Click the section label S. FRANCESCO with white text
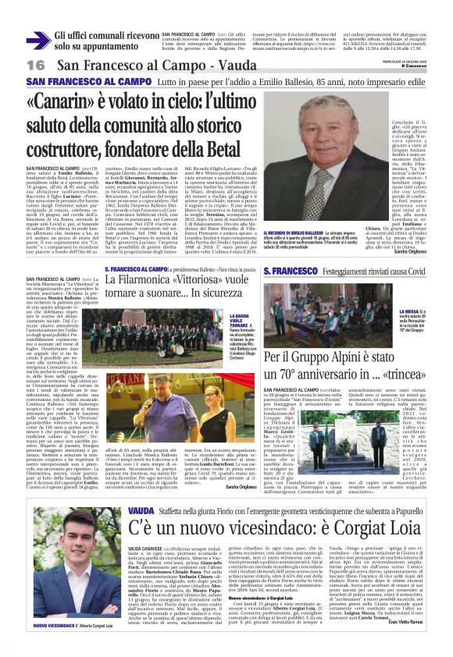click(291, 270)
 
